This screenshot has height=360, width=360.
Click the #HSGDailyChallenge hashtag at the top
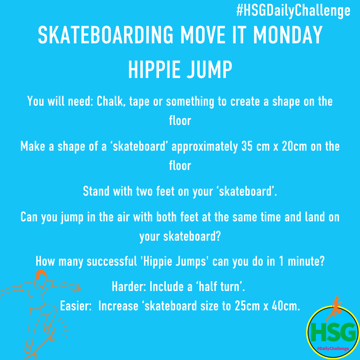(x=293, y=11)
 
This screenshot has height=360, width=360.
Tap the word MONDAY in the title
(x=288, y=35)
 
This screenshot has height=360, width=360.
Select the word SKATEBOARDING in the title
(x=106, y=35)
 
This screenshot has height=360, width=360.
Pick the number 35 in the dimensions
(x=247, y=146)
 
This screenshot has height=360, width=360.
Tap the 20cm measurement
(x=294, y=146)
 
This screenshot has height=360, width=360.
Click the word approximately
(x=205, y=147)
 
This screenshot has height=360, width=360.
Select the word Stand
(x=96, y=191)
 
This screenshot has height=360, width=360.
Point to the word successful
(x=112, y=261)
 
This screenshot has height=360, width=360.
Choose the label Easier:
(x=76, y=306)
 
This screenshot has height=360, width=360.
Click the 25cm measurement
(x=247, y=306)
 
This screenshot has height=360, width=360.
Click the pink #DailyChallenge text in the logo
(x=333, y=349)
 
